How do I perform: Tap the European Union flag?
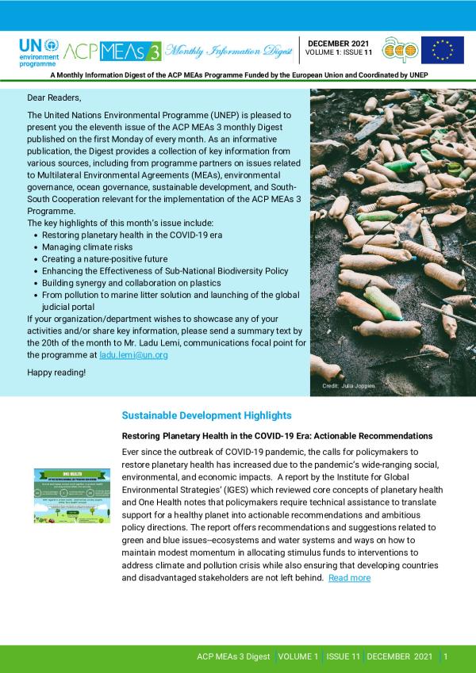point(442,50)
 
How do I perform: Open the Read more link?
point(349,578)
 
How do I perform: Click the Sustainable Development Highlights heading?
point(195,415)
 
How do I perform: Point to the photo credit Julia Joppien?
point(348,386)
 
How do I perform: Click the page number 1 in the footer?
point(446,656)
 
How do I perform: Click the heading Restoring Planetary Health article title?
point(276,436)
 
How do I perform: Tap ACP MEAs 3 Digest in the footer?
point(233,656)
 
